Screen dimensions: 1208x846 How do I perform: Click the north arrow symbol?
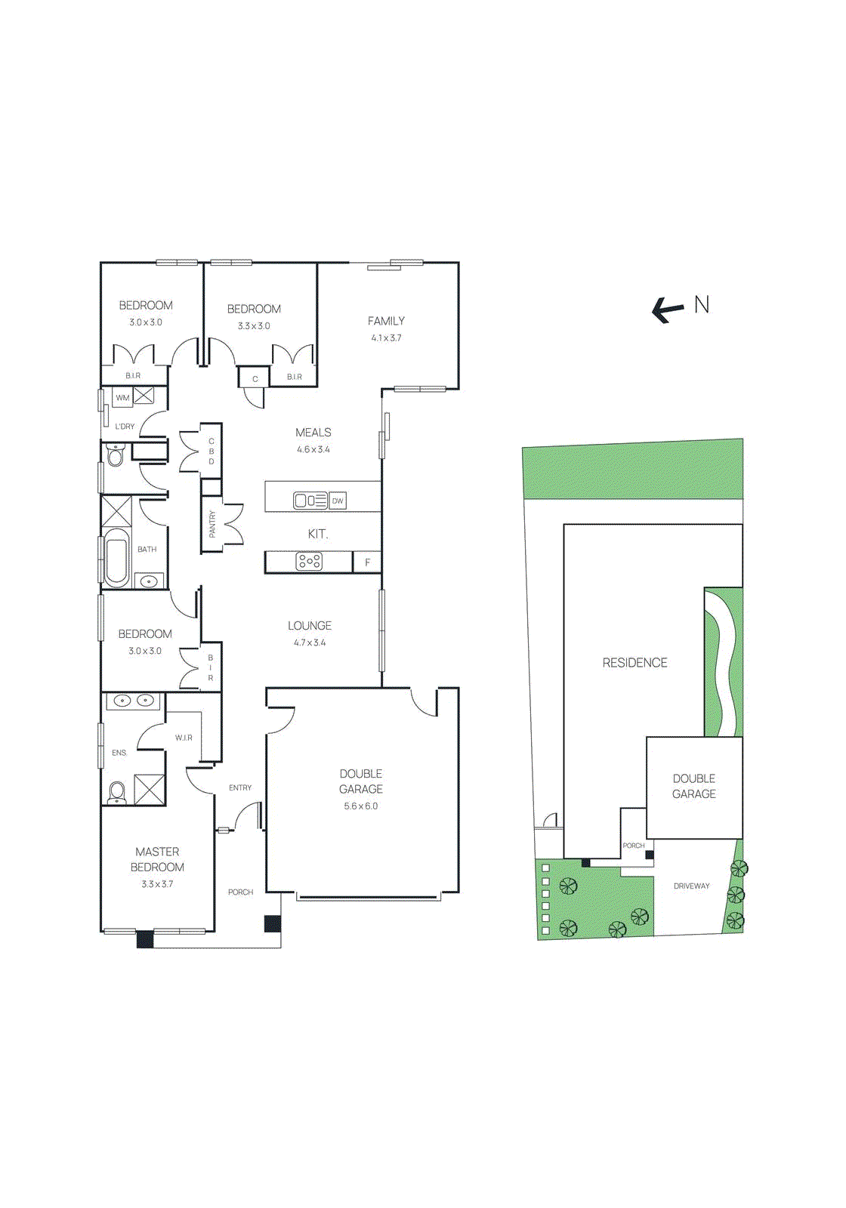(x=668, y=309)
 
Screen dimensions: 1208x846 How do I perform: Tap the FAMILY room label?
(x=386, y=321)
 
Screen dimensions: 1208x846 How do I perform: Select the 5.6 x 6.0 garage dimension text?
(x=361, y=806)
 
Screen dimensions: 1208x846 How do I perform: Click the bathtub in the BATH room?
(x=116, y=558)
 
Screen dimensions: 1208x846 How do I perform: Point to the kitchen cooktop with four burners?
(x=309, y=562)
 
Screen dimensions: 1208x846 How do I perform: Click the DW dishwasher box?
(x=338, y=501)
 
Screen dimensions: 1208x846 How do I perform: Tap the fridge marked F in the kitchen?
(x=368, y=562)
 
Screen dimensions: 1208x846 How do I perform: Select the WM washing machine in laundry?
(x=122, y=397)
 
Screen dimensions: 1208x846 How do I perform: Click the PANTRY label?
(x=212, y=523)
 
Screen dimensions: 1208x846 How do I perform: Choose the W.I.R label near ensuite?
(x=184, y=738)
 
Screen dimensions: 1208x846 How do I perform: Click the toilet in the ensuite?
(x=116, y=792)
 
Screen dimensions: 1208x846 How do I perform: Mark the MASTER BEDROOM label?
(x=157, y=859)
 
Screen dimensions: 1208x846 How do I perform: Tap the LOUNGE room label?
(x=310, y=626)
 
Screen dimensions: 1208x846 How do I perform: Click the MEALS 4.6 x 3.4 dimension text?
(x=313, y=449)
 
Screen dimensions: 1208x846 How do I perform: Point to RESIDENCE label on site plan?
(x=634, y=663)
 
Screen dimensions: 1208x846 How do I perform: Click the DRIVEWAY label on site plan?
(x=691, y=886)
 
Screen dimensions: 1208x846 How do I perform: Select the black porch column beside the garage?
(x=272, y=923)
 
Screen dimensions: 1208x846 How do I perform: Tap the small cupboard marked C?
(x=255, y=379)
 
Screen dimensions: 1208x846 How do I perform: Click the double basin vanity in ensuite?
(x=133, y=701)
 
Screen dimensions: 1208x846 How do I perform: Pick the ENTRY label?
(x=240, y=787)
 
